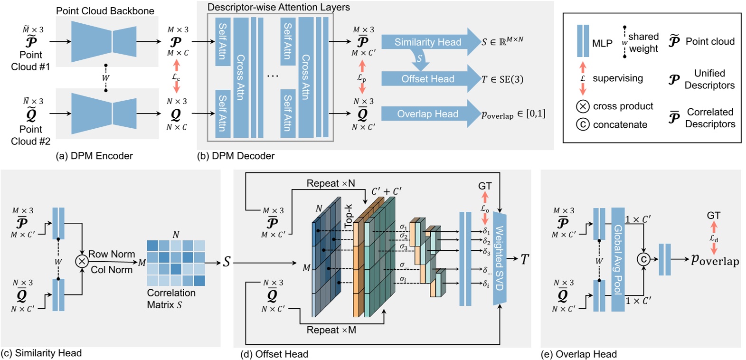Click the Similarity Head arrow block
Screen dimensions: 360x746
(427, 42)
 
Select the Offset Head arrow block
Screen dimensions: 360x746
(427, 79)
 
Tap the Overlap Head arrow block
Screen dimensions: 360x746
(427, 114)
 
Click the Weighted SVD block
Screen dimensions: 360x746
(500, 259)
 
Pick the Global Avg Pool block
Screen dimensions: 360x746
(618, 259)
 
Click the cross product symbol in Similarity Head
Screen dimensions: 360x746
(82, 261)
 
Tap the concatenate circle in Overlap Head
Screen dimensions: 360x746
(643, 259)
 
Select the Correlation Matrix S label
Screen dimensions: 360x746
(171, 299)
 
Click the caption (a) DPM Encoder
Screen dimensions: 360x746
(94, 156)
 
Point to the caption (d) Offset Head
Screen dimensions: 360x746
(274, 354)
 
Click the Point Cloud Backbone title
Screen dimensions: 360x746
(105, 11)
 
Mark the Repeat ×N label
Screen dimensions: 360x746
(331, 183)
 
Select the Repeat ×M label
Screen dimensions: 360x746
(331, 330)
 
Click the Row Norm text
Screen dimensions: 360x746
(112, 254)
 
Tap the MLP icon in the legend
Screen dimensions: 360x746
(583, 41)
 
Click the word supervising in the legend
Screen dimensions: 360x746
(617, 78)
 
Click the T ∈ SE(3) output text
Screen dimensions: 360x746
(502, 79)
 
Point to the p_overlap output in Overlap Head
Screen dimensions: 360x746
(715, 260)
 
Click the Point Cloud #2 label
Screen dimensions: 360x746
(30, 135)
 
